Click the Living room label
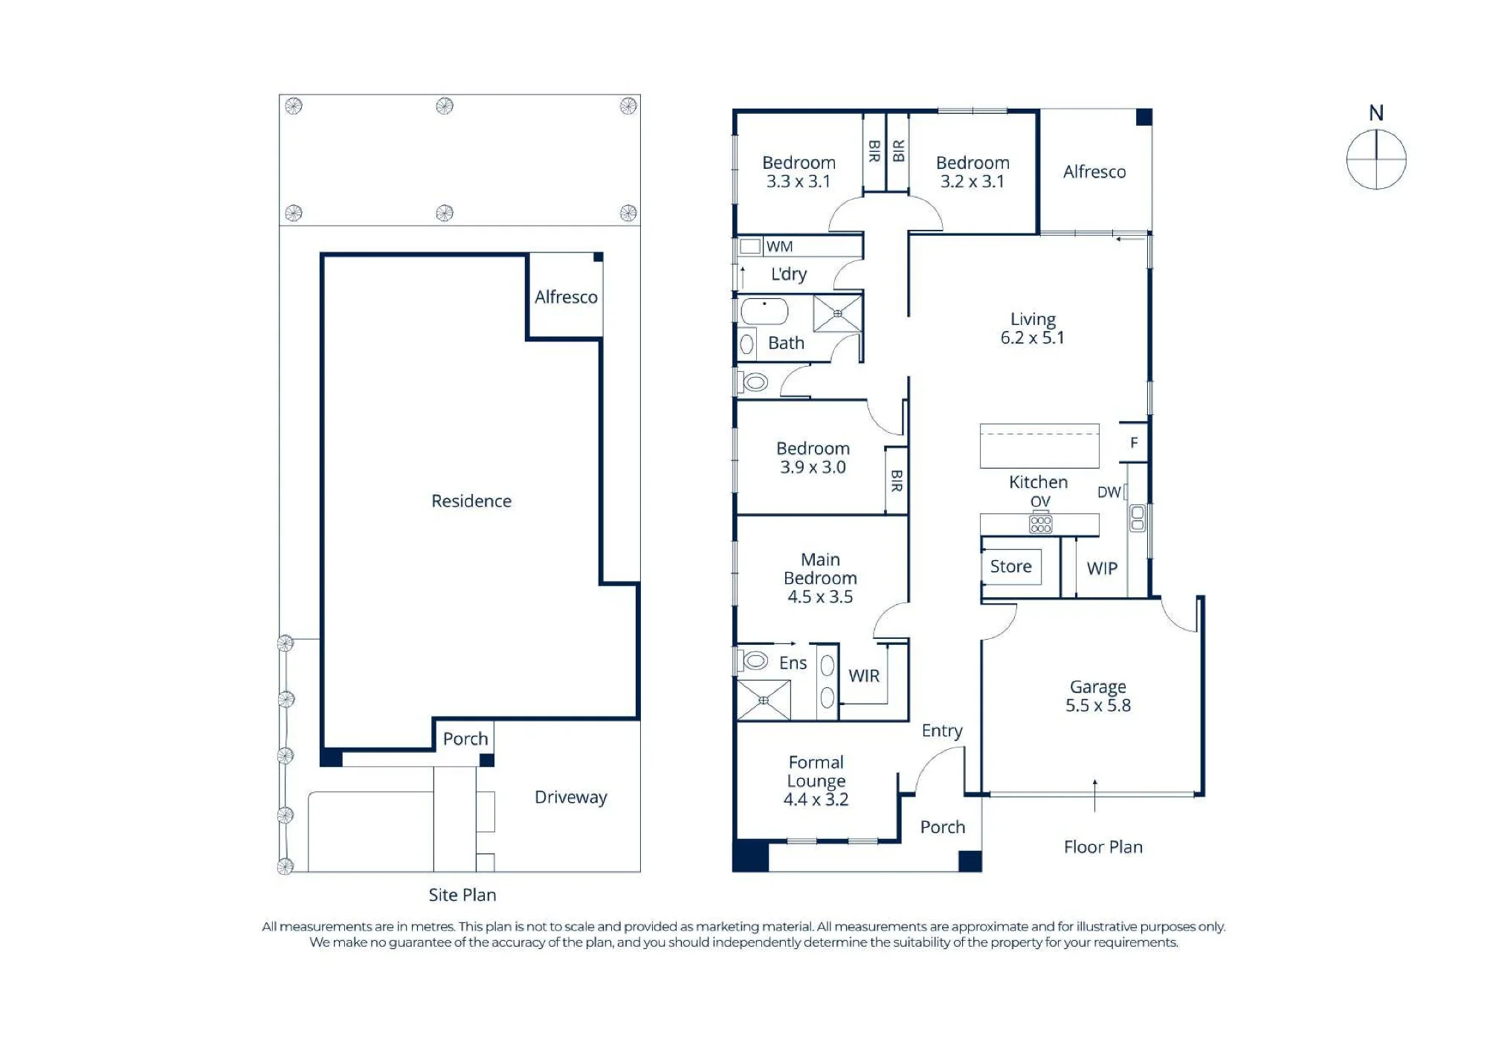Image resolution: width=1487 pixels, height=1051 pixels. click(1033, 328)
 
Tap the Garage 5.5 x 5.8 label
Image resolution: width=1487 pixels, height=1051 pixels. click(1098, 696)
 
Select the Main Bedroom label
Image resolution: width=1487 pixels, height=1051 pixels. click(820, 578)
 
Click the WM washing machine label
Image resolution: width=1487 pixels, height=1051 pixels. click(779, 246)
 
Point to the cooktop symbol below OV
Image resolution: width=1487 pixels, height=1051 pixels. click(1040, 524)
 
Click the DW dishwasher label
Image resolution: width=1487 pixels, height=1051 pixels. click(1109, 492)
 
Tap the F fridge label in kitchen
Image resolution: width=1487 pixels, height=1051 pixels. click(1134, 443)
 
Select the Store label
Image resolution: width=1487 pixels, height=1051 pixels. click(1011, 567)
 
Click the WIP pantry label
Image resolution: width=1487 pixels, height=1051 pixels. click(1102, 568)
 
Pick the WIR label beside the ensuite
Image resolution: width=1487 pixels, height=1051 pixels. click(864, 675)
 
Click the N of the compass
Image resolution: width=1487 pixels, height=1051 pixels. click(1376, 113)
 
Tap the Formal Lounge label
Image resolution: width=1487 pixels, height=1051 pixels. click(816, 781)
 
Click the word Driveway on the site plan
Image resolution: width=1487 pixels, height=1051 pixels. click(571, 797)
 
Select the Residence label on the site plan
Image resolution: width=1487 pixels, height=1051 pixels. click(471, 501)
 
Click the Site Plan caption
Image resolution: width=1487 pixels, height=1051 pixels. click(462, 895)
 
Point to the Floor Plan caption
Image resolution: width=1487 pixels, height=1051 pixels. click(1103, 847)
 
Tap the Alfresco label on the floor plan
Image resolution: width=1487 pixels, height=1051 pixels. click(1094, 172)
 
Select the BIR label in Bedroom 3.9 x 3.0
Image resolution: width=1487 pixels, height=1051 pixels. click(897, 480)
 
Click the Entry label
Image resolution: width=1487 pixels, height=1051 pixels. click(942, 731)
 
